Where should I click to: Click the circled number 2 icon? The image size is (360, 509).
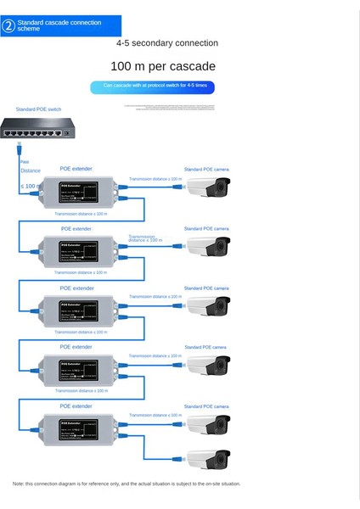[8, 25]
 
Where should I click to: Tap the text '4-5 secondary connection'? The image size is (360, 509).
[166, 43]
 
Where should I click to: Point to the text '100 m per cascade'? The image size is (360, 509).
[163, 66]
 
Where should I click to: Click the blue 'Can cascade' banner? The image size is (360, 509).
[153, 87]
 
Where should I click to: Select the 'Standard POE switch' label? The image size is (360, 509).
[38, 109]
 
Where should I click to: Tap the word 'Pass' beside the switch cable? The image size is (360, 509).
[25, 161]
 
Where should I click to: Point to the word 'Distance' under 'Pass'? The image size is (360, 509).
[31, 171]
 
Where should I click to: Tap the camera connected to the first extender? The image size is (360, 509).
[208, 187]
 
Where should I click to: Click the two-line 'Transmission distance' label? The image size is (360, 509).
[146, 238]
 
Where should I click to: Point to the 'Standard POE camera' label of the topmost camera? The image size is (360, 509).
[207, 170]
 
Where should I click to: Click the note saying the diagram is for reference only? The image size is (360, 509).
[127, 484]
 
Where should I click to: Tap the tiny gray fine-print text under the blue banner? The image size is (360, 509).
[169, 108]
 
